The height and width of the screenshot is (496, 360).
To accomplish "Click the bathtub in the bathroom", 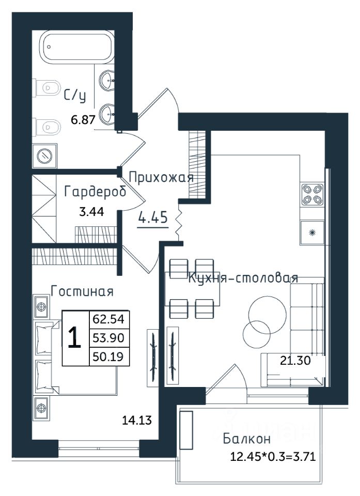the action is point(76,46).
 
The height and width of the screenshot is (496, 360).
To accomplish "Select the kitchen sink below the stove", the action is point(312,233).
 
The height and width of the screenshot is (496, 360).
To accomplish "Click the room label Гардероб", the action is point(95,192).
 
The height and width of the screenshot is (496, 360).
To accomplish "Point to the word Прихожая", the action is point(161,177).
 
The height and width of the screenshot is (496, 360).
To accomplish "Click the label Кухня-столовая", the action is point(243,278).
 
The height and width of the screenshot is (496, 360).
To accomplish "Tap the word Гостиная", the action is point(82,291).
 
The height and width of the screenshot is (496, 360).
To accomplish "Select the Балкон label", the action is point(247,439).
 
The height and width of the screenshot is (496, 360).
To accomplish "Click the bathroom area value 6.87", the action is point(83,120).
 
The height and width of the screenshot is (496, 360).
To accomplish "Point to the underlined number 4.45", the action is point(153,218).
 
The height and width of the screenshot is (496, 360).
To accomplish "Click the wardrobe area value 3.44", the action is point(91,212).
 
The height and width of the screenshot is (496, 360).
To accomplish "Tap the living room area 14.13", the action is point(137,421).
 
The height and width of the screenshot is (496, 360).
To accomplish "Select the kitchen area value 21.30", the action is point(295,360).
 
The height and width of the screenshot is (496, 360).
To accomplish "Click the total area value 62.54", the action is point(108,319).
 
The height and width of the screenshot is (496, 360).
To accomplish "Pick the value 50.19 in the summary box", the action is point(108,357).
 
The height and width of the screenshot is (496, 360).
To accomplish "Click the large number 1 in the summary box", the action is point(75,337).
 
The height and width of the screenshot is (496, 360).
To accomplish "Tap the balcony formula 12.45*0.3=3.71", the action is point(273,457).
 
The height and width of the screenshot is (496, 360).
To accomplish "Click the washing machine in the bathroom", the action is point(44,156).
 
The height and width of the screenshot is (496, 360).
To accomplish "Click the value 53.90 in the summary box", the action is point(108,338).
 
